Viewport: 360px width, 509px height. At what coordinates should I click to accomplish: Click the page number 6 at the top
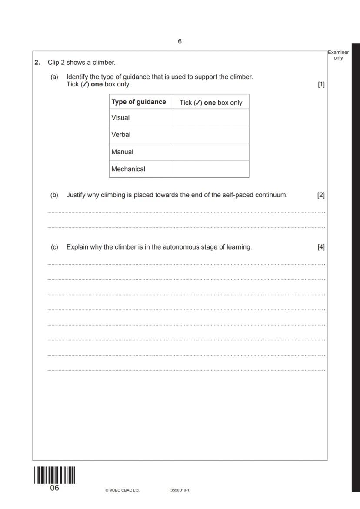[x=180, y=42]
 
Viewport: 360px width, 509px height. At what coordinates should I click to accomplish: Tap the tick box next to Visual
[x=211, y=118]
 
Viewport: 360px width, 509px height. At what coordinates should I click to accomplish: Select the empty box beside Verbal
[x=211, y=135]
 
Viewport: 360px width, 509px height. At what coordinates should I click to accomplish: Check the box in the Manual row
[x=211, y=152]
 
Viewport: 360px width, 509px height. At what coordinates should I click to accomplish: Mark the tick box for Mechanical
[x=211, y=169]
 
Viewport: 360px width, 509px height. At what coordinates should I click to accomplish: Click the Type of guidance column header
[x=139, y=102]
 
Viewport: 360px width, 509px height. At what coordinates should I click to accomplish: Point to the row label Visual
[x=120, y=118]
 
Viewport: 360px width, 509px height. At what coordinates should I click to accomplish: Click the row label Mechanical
[x=128, y=169]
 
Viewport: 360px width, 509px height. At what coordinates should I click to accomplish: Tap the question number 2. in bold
[x=37, y=63]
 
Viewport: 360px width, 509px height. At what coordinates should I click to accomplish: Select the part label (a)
[x=54, y=77]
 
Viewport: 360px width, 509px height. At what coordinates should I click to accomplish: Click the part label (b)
[x=54, y=195]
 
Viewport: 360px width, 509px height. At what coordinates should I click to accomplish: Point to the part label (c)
[x=54, y=247]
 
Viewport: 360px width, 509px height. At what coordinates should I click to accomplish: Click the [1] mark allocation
[x=321, y=84]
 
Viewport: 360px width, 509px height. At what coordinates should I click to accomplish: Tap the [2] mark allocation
[x=321, y=195]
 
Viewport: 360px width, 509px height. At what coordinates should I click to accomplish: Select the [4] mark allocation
[x=321, y=247]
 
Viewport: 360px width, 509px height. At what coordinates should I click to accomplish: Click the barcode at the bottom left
[x=54, y=475]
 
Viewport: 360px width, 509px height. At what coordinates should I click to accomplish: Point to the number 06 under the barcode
[x=54, y=488]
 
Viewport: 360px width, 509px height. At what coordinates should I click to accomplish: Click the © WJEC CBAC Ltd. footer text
[x=122, y=490]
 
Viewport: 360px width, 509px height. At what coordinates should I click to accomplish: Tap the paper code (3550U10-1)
[x=180, y=490]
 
